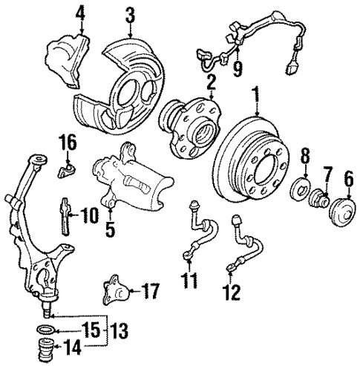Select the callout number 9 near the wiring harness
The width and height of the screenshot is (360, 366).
tap(237, 70)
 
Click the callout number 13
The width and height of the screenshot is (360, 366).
tap(120, 327)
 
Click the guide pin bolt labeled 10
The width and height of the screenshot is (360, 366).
tap(65, 215)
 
